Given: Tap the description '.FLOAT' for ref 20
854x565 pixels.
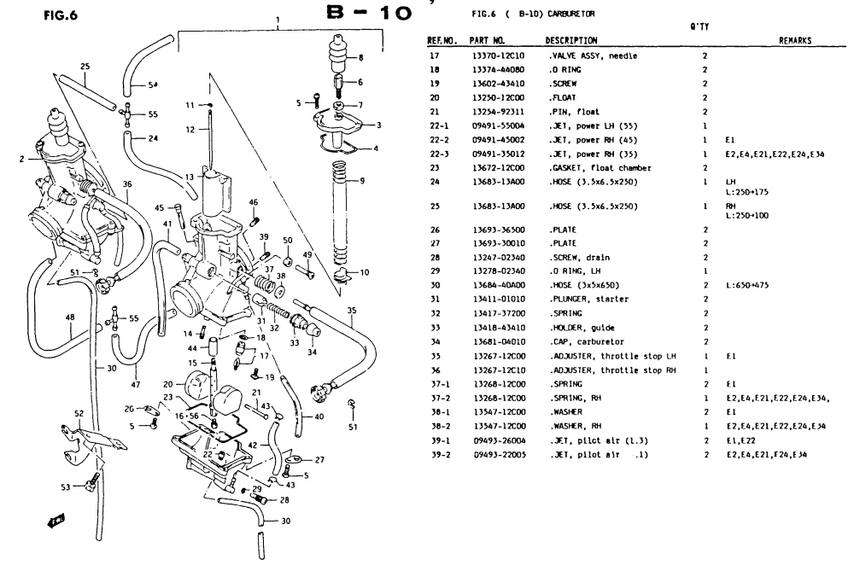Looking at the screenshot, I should pos(561,97).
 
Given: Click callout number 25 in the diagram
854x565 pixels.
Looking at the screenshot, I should pos(85,66).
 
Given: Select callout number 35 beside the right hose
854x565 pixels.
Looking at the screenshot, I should pos(353,311).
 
